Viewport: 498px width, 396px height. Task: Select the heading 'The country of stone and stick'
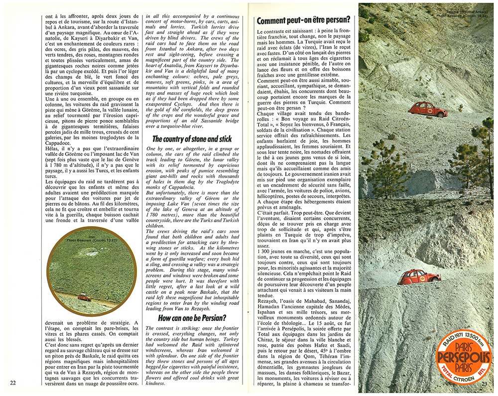[x=193, y=139]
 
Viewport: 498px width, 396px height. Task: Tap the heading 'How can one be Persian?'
[x=193, y=317]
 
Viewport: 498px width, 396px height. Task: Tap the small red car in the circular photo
[x=85, y=297]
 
